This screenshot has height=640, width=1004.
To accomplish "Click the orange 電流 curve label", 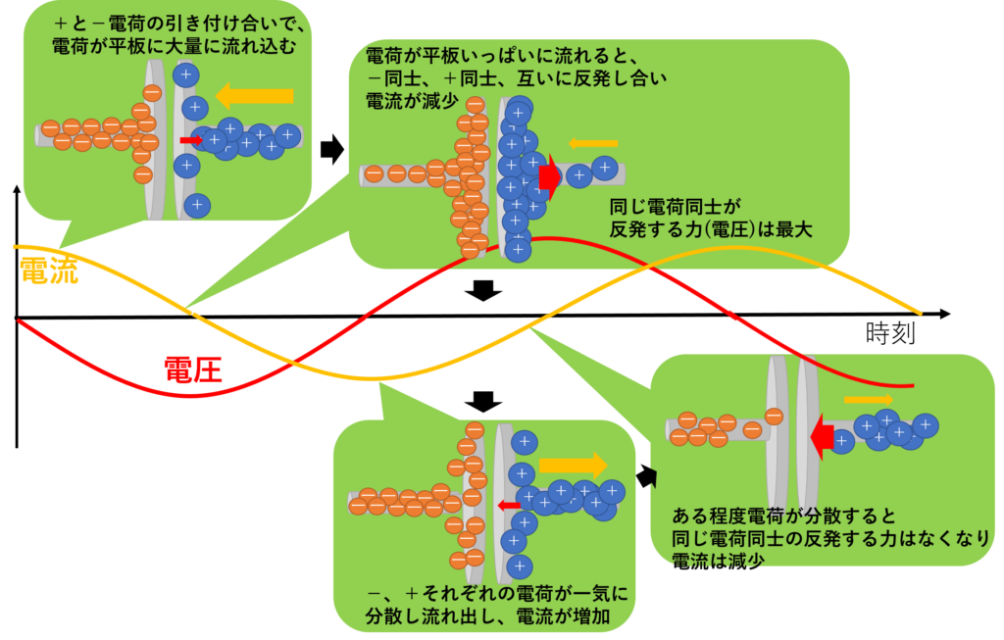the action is [x=49, y=271].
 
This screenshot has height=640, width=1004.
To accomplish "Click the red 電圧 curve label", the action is [x=193, y=369].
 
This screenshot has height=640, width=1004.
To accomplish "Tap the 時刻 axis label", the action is [x=890, y=333].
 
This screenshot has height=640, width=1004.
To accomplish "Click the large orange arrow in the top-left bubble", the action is [x=254, y=96].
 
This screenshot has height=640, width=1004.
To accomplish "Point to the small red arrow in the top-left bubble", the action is [x=190, y=140].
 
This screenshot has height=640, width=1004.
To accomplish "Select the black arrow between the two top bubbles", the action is [x=332, y=149].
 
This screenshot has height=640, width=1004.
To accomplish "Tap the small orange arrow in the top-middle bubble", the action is [x=593, y=143].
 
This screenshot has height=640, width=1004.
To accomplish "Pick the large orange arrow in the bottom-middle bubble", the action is [x=573, y=466].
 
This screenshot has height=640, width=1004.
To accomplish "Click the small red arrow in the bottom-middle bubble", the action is [x=509, y=506].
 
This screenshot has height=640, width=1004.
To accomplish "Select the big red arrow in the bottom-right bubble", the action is [x=822, y=437].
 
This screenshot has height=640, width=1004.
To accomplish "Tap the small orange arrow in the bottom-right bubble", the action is [x=869, y=400].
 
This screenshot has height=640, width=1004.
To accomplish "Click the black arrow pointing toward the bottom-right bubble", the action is [x=646, y=476].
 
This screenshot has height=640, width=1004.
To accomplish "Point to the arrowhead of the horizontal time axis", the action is [x=945, y=314].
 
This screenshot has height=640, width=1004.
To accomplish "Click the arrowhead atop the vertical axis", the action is [x=17, y=189].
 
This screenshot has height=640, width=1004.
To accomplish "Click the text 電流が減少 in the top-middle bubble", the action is [x=412, y=101].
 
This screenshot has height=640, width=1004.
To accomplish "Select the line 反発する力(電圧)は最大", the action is [x=710, y=229].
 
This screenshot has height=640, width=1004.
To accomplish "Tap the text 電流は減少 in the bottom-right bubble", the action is [x=718, y=562].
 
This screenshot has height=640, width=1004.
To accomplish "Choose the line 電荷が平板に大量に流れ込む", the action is [x=175, y=46].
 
